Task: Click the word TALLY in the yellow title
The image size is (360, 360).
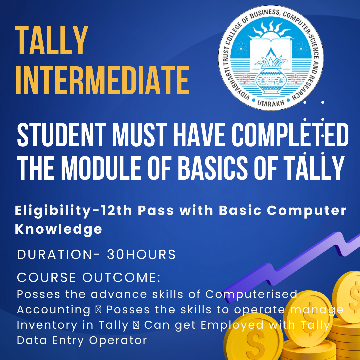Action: pos(51,41)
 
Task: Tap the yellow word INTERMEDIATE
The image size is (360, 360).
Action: pos(102,80)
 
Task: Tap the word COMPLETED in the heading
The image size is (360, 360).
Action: pos(290,135)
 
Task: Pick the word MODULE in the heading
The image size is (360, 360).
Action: pos(101,167)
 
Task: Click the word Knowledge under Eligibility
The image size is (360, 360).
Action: pos(58,229)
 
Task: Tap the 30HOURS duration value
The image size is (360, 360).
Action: pos(141,254)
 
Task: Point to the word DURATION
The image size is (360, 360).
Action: pos(54,254)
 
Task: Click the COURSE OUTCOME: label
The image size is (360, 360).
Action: pos(89,277)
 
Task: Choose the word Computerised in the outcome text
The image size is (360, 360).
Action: pos(251,295)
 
